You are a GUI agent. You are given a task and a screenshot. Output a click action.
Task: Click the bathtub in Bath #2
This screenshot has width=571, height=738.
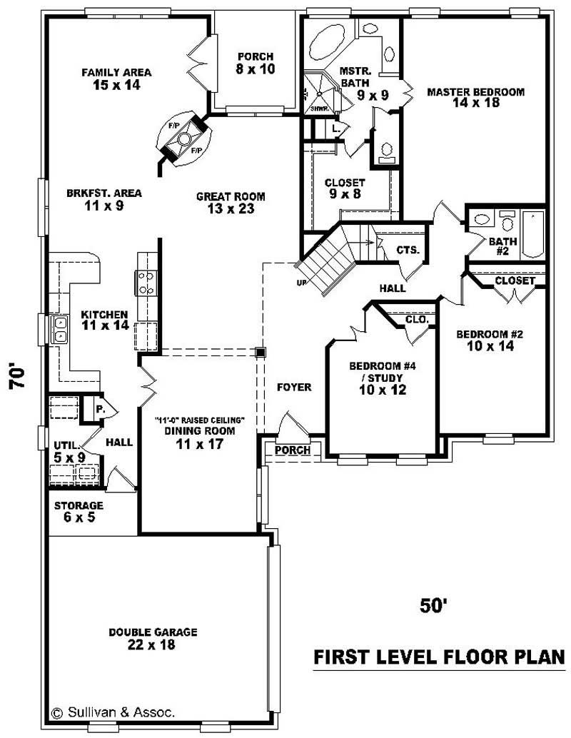pyautogui.click(x=533, y=233)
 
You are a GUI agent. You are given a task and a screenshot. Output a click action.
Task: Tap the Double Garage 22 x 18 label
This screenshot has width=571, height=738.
pyautogui.click(x=153, y=638)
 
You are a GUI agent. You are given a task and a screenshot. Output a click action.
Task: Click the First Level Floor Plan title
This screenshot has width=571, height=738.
pyautogui.click(x=440, y=657)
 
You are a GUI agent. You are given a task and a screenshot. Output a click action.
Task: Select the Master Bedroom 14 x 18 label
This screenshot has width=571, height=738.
pyautogui.click(x=475, y=97)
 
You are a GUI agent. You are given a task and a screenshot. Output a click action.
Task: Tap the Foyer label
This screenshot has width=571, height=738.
pyautogui.click(x=294, y=388)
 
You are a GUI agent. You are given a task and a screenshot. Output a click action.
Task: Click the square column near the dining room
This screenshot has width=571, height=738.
pyautogui.click(x=261, y=352)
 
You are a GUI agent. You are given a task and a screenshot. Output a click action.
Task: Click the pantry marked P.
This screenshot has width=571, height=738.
pyautogui.click(x=99, y=410)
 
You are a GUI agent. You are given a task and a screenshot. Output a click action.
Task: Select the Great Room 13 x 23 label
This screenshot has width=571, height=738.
pyautogui.click(x=231, y=203)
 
